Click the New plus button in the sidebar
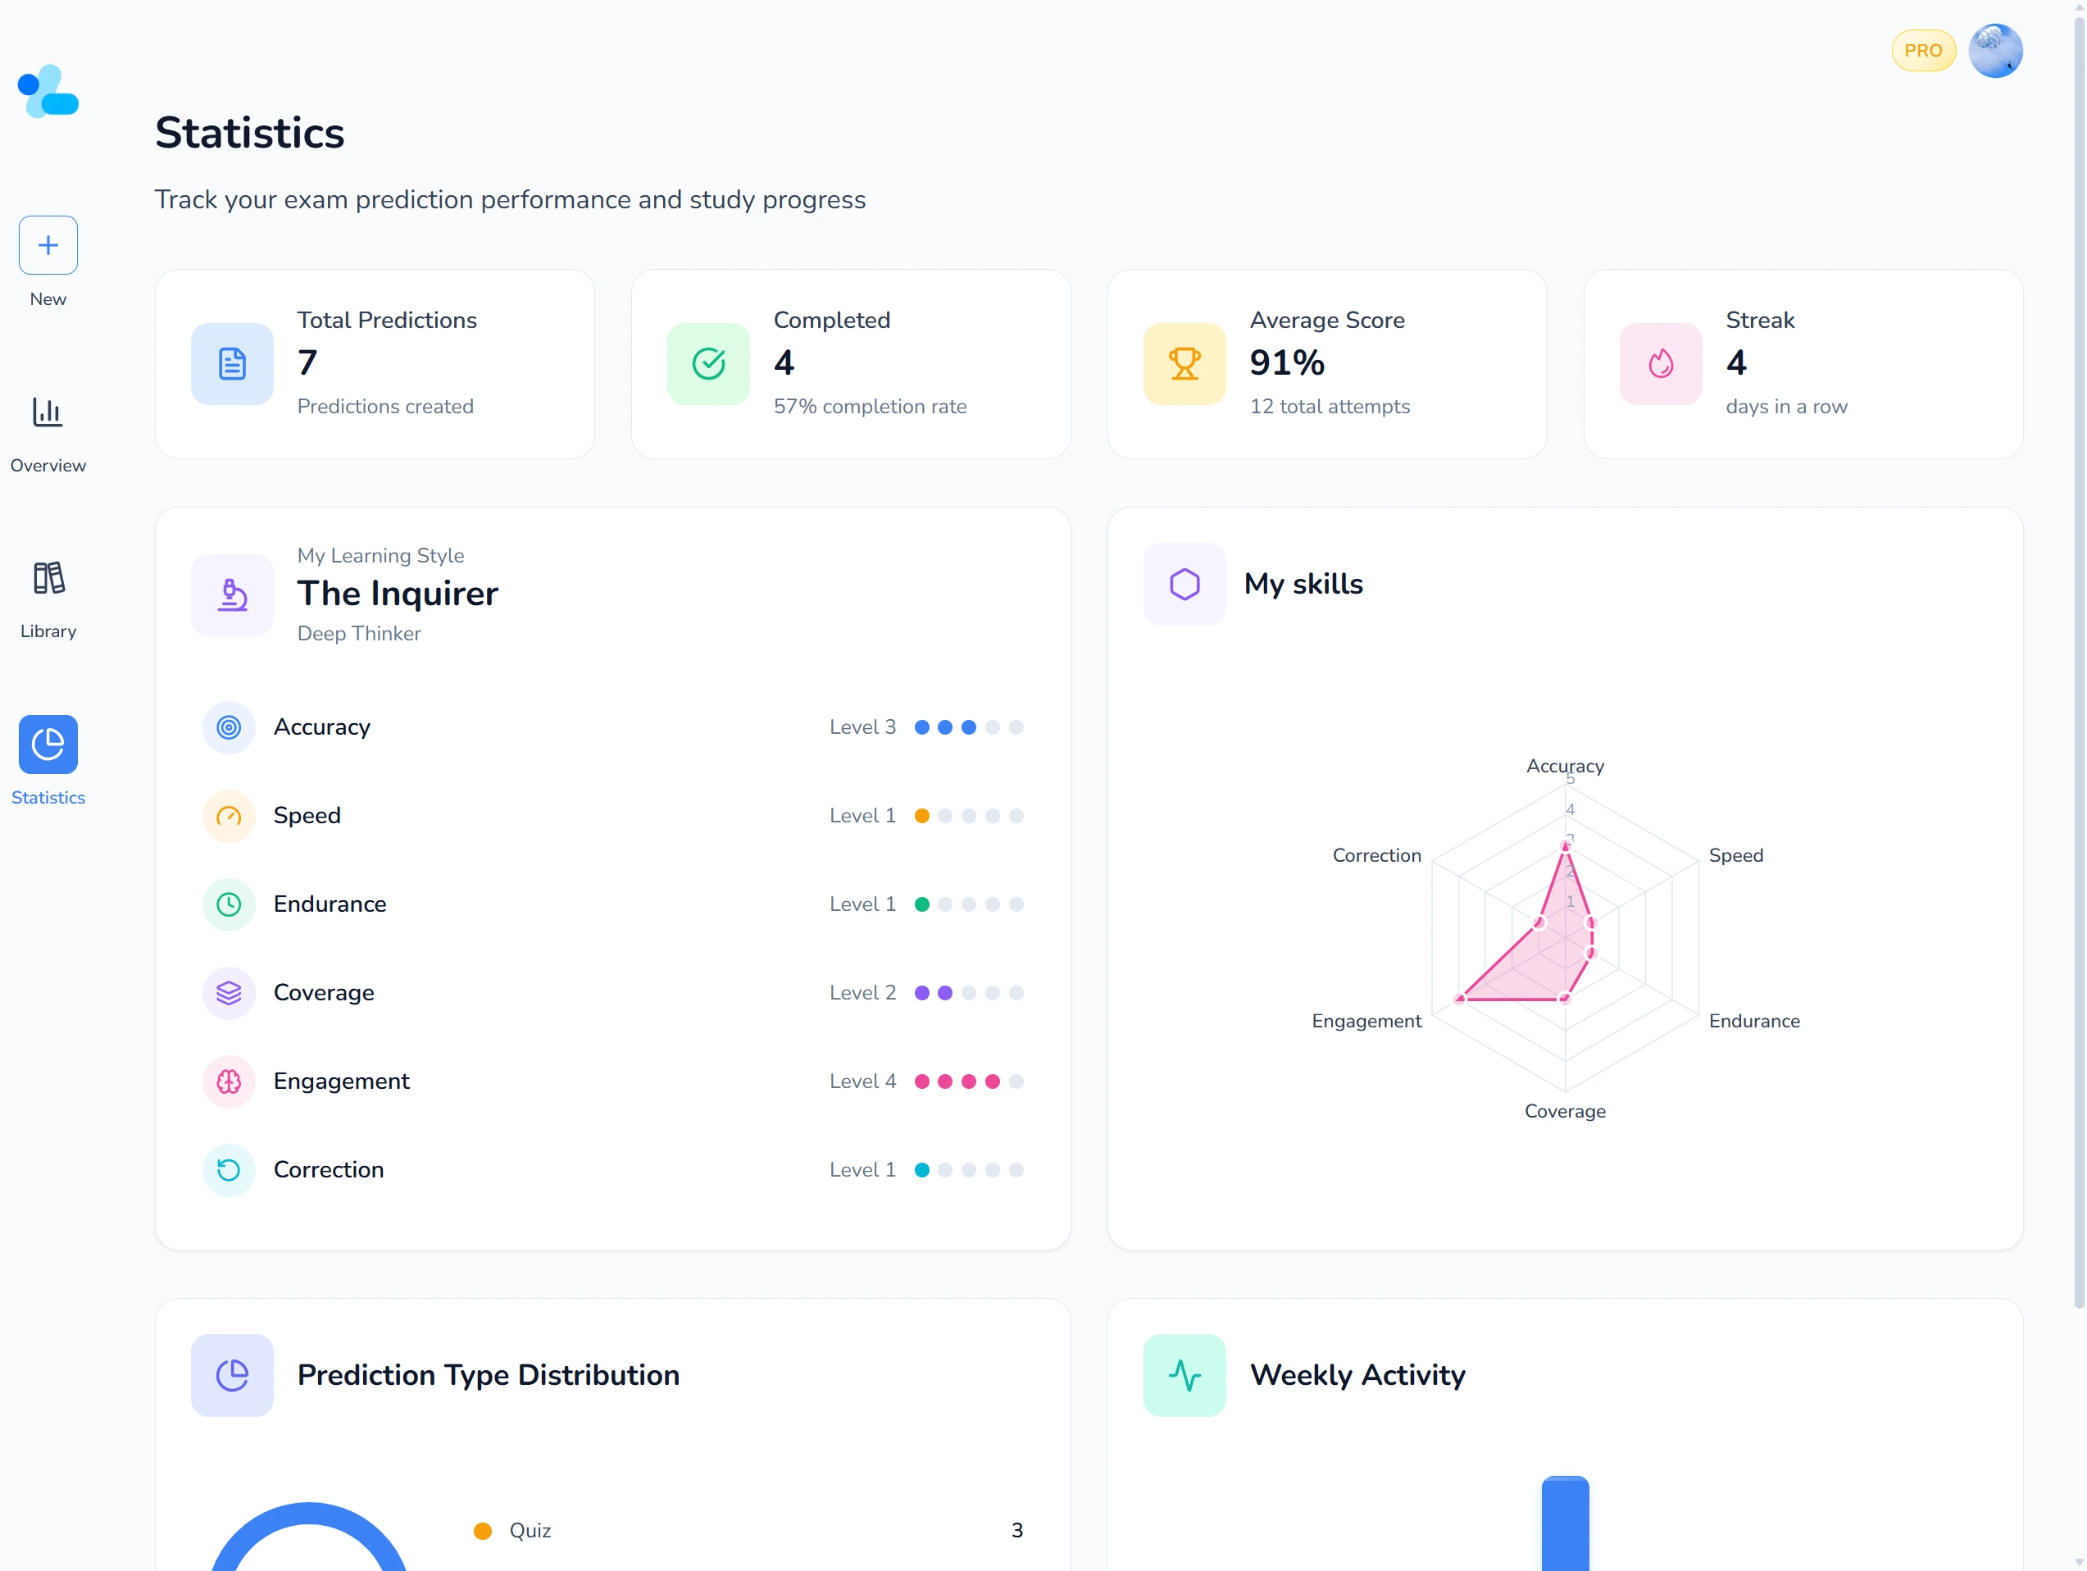click(x=48, y=245)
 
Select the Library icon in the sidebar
click(x=48, y=578)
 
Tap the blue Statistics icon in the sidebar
click(x=48, y=745)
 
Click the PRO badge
click(x=1922, y=51)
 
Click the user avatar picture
click(x=1994, y=51)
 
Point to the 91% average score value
click(x=1287, y=363)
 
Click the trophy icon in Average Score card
click(x=1184, y=364)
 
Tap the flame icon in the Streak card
click(x=1661, y=364)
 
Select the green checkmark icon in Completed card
click(x=707, y=364)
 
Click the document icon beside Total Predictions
click(x=232, y=364)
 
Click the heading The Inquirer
click(x=398, y=594)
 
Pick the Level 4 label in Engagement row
click(x=862, y=1081)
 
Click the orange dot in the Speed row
click(x=922, y=816)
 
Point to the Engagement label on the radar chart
click(x=1366, y=1021)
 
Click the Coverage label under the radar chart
click(x=1564, y=1112)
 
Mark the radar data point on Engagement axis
click(x=1460, y=998)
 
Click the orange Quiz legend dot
click(x=483, y=1531)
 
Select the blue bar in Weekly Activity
click(x=1566, y=1523)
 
